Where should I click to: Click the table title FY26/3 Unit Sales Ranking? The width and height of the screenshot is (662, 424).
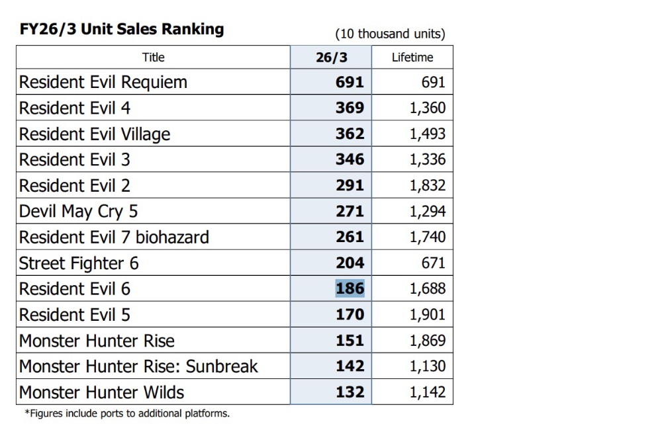tap(122, 29)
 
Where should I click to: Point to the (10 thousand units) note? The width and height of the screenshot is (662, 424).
tap(390, 34)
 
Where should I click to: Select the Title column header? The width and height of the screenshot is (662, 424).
tap(154, 58)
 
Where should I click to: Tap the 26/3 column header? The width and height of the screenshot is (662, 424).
tap(332, 58)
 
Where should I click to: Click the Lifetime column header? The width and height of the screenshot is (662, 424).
tap(412, 58)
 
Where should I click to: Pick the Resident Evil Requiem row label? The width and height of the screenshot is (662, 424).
tap(103, 82)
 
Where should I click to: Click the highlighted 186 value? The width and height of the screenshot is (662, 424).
tap(350, 288)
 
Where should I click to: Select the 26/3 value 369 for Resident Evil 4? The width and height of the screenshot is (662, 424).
tap(350, 108)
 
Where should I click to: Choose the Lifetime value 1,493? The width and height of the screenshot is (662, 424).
tap(428, 134)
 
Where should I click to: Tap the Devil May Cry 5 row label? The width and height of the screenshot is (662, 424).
tap(79, 212)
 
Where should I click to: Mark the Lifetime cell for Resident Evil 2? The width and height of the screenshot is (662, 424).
tap(412, 185)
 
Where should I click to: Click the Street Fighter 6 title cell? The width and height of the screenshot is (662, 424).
tap(154, 263)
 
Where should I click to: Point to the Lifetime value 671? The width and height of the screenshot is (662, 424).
tap(434, 263)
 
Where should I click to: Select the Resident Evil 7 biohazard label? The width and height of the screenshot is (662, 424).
tap(114, 237)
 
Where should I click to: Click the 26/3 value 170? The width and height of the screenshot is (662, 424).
tap(350, 314)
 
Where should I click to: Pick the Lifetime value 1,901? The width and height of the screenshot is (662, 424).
tap(428, 314)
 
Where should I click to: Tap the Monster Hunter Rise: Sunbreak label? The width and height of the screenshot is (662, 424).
tap(138, 366)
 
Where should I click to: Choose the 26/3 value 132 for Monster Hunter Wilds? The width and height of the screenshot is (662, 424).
tap(350, 392)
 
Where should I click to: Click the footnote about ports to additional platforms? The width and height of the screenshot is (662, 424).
tap(127, 413)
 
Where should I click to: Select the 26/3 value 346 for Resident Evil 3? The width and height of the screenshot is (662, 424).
tap(350, 159)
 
